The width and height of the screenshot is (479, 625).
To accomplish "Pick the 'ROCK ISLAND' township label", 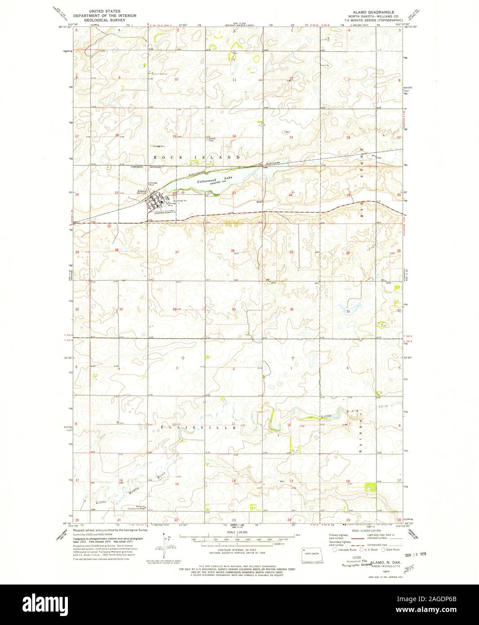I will tap(197, 157).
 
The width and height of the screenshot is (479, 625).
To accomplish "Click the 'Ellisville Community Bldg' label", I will tap(135, 509).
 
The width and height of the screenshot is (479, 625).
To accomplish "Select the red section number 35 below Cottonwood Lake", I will tap(234, 309).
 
